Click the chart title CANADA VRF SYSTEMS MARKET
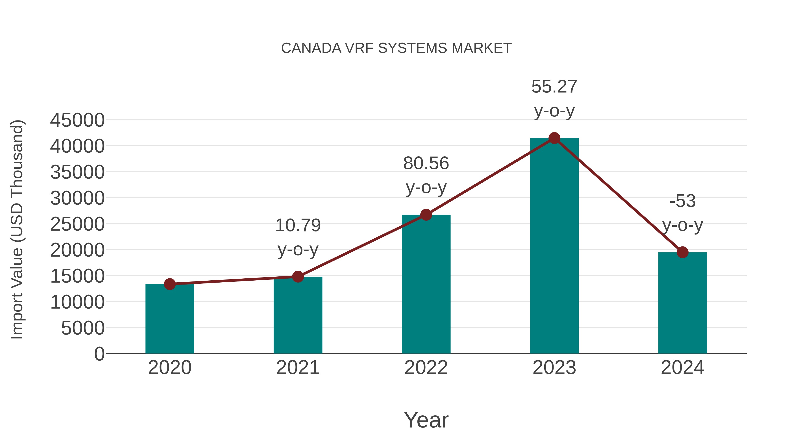[x=396, y=48]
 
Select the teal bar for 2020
[x=170, y=320]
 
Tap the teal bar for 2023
[x=554, y=246]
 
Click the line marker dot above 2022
[x=426, y=215]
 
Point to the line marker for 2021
[x=298, y=277]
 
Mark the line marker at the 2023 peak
[x=554, y=138]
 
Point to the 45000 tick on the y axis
[x=77, y=120]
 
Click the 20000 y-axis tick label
[x=77, y=250]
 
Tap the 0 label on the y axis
[x=99, y=354]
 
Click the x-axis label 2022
[x=426, y=368]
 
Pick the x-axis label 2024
[x=682, y=368]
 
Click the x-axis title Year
[x=426, y=420]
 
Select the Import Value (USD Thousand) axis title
[x=17, y=229]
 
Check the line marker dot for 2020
[x=170, y=284]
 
